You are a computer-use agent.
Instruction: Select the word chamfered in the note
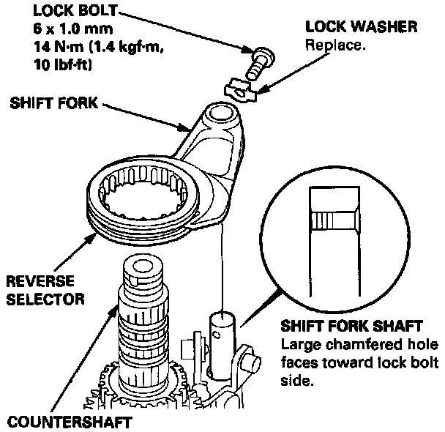point(343,345)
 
